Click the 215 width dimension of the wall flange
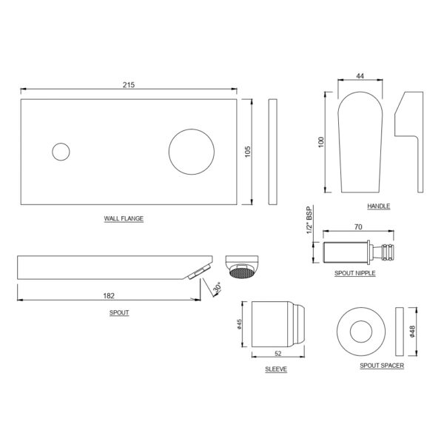(x=129, y=84)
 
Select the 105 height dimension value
(x=247, y=152)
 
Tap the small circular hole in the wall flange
(x=61, y=152)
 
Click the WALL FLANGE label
(x=124, y=218)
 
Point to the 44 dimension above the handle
(x=360, y=76)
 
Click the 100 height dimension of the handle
(x=321, y=142)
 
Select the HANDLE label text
(x=379, y=206)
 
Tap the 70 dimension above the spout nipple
(x=358, y=227)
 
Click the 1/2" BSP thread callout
(x=309, y=220)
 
